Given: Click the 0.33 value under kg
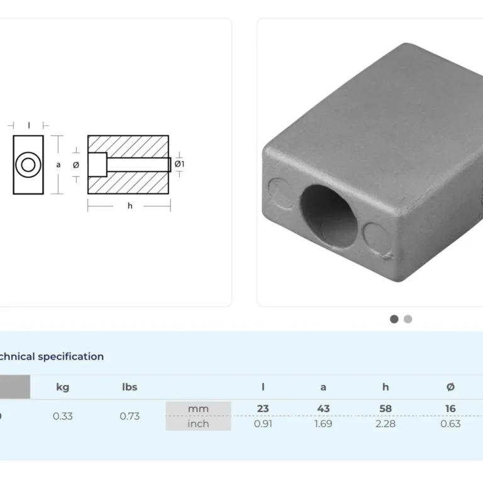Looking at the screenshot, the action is [x=62, y=416].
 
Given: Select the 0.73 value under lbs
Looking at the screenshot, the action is [x=130, y=416].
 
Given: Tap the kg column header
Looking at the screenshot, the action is [x=62, y=387].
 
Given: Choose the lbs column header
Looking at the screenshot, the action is [x=130, y=387].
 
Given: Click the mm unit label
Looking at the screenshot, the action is [x=198, y=409].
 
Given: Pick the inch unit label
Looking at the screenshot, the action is [x=198, y=424].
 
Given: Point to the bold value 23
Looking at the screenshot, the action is [x=263, y=408].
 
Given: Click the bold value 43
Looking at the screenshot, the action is [x=323, y=408].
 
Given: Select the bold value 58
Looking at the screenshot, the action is [x=386, y=408].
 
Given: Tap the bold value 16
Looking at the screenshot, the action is [x=450, y=408].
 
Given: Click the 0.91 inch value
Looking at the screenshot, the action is [x=263, y=424].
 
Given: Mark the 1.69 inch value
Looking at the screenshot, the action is [x=323, y=424].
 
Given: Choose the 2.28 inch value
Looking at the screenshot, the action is [x=386, y=424].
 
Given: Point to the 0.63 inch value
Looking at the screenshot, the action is [x=450, y=424].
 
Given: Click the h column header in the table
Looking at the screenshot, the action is [x=386, y=387].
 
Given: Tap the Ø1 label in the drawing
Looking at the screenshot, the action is [x=179, y=164].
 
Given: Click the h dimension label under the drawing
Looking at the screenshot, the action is [x=130, y=206].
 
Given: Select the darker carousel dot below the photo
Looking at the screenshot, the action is [x=394, y=319].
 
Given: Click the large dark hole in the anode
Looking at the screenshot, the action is [x=328, y=216].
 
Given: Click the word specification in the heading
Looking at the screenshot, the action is [x=71, y=357].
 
